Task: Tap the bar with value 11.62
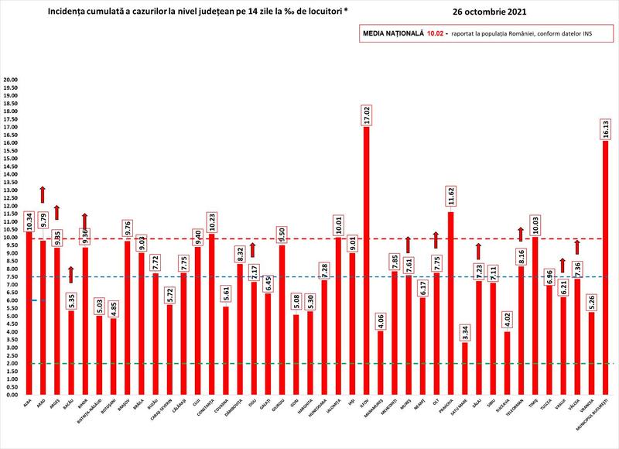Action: pyautogui.click(x=451, y=302)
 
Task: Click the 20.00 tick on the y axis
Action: pyautogui.click(x=11, y=80)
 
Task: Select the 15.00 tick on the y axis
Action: pyautogui.click(x=11, y=159)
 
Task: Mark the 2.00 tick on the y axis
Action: pyautogui.click(x=11, y=363)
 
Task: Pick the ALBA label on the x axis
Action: pyautogui.click(x=28, y=403)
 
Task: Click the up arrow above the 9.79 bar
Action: pyautogui.click(x=43, y=194)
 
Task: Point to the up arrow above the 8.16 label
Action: pyautogui.click(x=521, y=234)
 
